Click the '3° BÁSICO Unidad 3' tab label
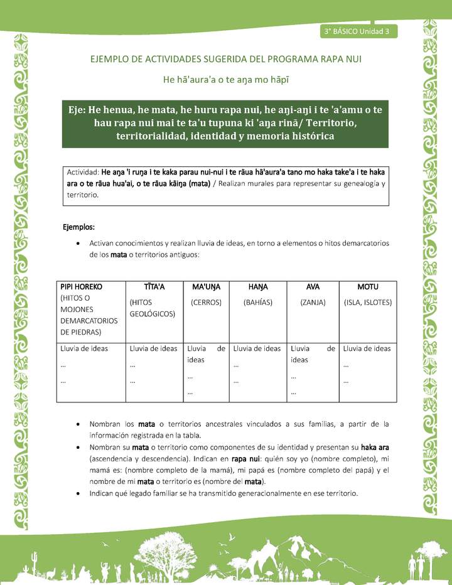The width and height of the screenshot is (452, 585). coord(357,31)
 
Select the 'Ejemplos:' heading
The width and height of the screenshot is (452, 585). coord(78,226)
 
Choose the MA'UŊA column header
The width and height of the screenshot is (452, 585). coord(205,287)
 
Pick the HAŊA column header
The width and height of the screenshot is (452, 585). coord(257,287)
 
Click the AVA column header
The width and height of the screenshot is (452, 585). coord(313,287)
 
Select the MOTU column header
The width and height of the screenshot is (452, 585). coord(367,287)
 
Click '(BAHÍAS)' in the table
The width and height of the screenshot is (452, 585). coord(257,302)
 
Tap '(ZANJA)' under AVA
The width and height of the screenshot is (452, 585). coord(313,302)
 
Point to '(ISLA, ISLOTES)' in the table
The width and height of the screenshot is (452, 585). coord(368,302)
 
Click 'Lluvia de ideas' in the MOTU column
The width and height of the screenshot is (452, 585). coord(367,348)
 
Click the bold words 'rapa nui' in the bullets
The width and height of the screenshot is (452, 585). coord(272,458)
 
